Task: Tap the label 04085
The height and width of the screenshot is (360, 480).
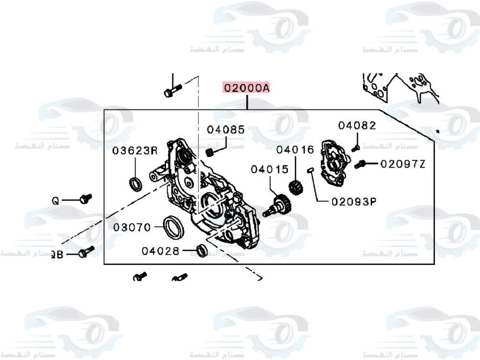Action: point(226,130)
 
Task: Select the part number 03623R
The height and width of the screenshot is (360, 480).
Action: point(135,151)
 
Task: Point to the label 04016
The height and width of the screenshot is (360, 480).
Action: point(295,150)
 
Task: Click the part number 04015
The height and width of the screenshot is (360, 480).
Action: point(270,169)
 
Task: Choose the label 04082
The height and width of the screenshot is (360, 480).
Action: point(357,126)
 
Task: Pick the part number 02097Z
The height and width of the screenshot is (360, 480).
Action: point(403,164)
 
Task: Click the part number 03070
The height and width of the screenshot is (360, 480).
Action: point(132,227)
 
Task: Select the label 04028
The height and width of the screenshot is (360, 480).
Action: point(160,251)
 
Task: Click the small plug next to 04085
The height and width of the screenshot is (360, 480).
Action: point(209,153)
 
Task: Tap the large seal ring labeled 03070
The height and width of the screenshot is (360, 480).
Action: point(173,227)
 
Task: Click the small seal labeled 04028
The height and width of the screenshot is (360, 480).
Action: point(202,250)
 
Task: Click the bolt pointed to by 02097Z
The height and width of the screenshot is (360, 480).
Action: point(360,165)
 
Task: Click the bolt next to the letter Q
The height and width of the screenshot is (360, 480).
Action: point(85,198)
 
